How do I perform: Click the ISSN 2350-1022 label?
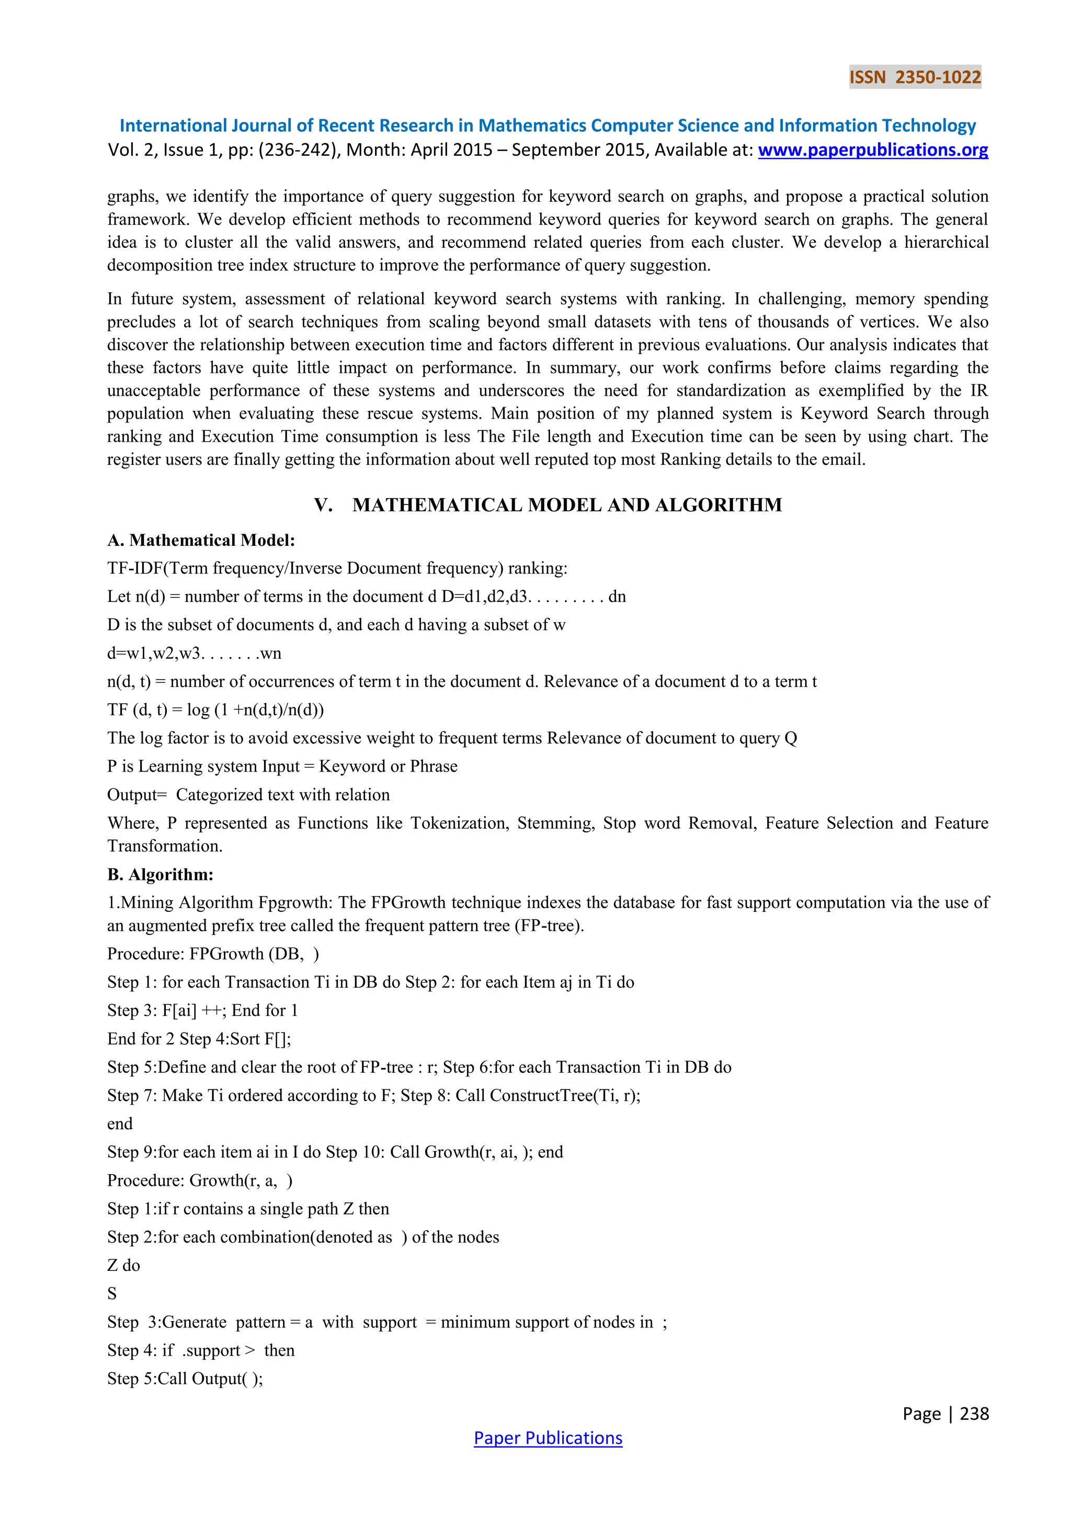point(915,77)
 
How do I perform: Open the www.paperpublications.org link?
point(872,151)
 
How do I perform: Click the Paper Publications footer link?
point(548,1438)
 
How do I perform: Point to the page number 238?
point(974,1413)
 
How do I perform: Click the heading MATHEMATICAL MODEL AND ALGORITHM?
point(567,505)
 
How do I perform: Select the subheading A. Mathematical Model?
point(201,540)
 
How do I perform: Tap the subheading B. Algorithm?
point(160,875)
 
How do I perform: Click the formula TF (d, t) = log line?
point(215,709)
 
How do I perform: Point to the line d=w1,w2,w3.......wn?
point(194,653)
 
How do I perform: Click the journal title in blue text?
point(548,125)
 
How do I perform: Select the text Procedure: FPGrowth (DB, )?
point(213,954)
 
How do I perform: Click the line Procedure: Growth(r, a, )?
point(200,1180)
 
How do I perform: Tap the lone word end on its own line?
point(120,1123)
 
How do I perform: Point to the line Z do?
point(123,1265)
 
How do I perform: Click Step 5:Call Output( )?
point(185,1378)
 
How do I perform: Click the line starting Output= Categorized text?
point(248,795)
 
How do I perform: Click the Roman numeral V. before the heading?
point(323,505)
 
